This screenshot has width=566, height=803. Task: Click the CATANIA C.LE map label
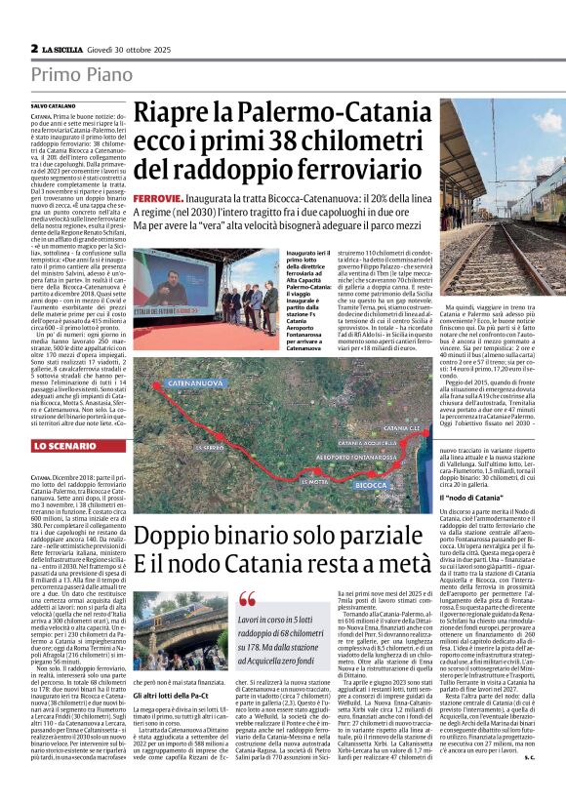[x=399, y=428]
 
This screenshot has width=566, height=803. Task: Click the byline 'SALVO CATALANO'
[x=53, y=104]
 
